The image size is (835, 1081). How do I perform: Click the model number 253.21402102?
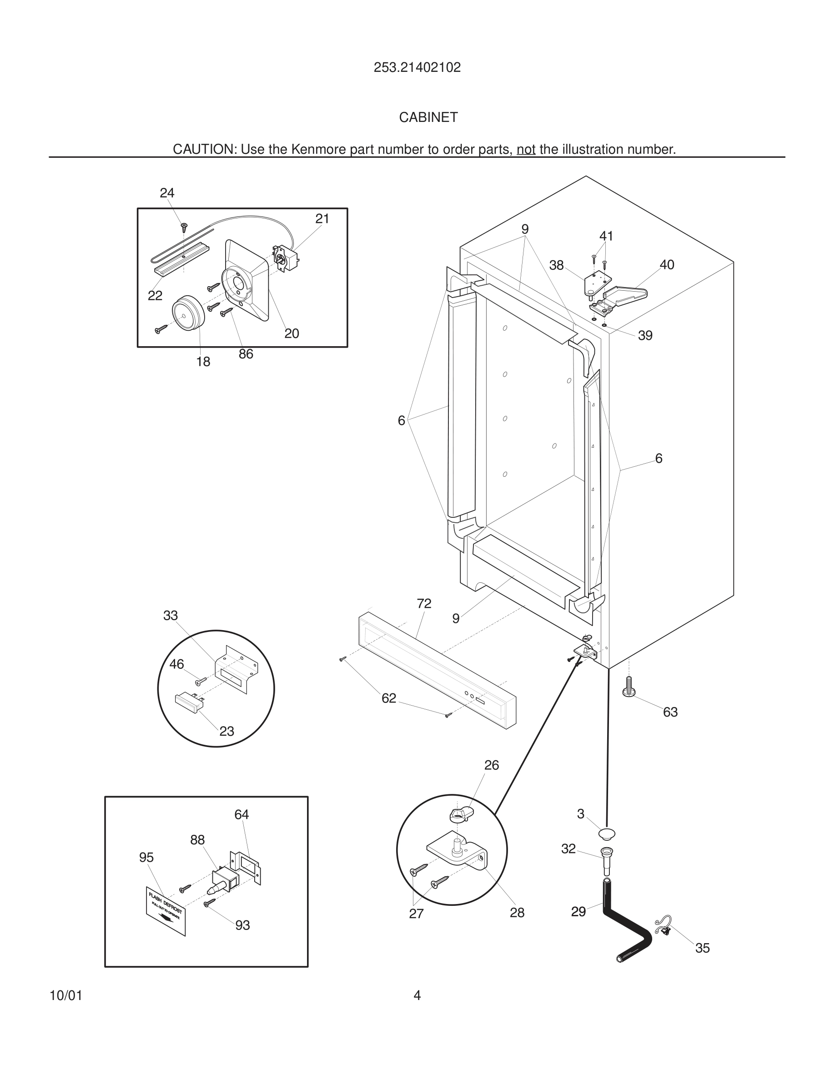(x=417, y=67)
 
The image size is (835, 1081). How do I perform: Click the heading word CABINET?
(x=428, y=117)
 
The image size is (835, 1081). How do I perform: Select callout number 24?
(x=167, y=193)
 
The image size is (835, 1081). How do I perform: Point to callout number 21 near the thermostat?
(x=322, y=218)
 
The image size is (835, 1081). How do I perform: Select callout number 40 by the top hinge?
(x=666, y=265)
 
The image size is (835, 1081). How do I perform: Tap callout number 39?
(x=645, y=336)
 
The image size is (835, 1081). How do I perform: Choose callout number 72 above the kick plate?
(x=424, y=603)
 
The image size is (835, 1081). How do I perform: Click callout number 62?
(x=389, y=698)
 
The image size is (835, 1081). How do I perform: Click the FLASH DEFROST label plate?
(x=166, y=911)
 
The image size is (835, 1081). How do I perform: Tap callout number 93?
(x=242, y=925)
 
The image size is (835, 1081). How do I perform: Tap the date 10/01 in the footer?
(x=66, y=996)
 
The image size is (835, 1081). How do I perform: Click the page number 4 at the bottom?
(x=417, y=995)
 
